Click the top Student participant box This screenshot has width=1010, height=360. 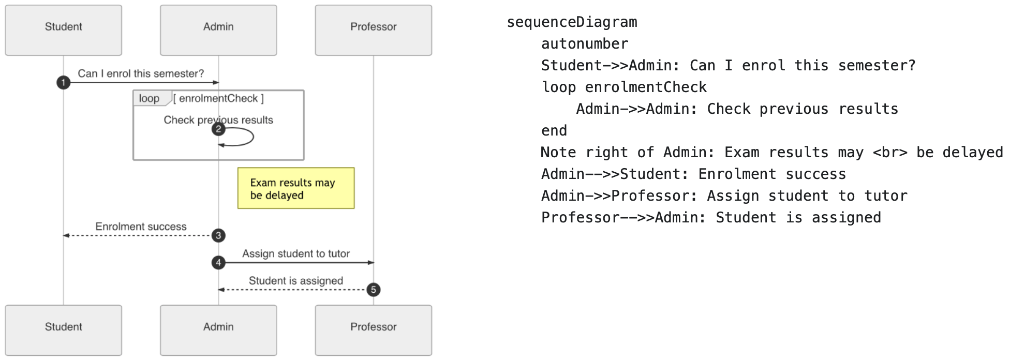pyautogui.click(x=63, y=30)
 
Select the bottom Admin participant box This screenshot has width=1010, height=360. pyautogui.click(x=218, y=330)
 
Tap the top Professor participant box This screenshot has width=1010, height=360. pyautogui.click(x=373, y=30)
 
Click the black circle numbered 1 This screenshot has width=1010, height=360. pyautogui.click(x=63, y=83)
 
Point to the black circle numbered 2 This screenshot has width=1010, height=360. pyautogui.click(x=218, y=129)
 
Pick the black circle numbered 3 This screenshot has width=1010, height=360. pyautogui.click(x=218, y=236)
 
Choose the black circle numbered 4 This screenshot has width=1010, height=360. pyautogui.click(x=218, y=263)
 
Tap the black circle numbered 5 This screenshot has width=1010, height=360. pyautogui.click(x=373, y=290)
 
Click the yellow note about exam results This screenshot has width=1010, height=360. pyautogui.click(x=295, y=188)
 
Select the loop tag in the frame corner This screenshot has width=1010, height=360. pyautogui.click(x=150, y=98)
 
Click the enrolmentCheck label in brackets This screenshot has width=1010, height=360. pyautogui.click(x=218, y=98)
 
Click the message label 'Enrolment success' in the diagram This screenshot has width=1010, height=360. pyautogui.click(x=141, y=227)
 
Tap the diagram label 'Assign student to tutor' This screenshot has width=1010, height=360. pyautogui.click(x=295, y=253)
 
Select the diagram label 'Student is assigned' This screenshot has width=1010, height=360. pyautogui.click(x=295, y=281)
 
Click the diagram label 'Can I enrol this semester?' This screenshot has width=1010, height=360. pyautogui.click(x=141, y=73)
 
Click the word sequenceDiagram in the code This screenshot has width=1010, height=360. pyautogui.click(x=572, y=22)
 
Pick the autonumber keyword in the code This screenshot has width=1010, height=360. pyautogui.click(x=585, y=44)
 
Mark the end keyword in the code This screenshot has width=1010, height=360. pyautogui.click(x=554, y=131)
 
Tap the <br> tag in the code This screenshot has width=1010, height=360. pyautogui.click(x=890, y=153)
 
